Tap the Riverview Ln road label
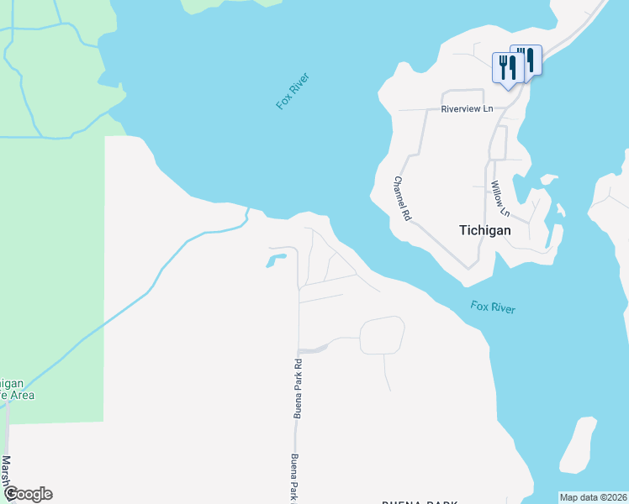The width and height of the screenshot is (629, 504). point(467,109)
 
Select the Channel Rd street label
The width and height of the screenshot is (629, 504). point(402,197)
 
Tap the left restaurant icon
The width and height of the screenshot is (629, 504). point(507,68)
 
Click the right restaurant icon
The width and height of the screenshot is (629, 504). point(526,60)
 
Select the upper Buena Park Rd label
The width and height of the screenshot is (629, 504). point(297,388)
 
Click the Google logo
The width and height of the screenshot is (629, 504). point(28,494)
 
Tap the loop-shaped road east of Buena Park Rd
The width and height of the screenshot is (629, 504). point(383,336)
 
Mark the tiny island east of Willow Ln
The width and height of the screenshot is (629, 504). point(548,179)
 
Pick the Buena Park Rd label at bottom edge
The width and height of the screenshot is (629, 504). point(295,478)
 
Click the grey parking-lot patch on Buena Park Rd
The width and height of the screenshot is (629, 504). point(313,348)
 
